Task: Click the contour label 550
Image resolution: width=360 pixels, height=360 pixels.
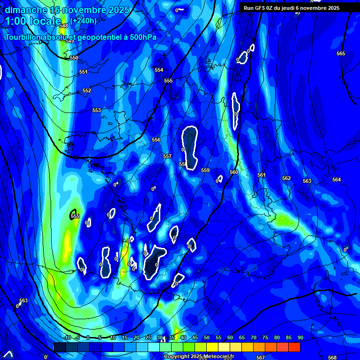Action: tap(74, 58)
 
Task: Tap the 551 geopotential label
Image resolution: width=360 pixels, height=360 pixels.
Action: tap(83, 72)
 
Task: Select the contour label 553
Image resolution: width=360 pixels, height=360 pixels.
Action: tap(97, 110)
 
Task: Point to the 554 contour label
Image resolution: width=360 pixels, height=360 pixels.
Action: tap(159, 70)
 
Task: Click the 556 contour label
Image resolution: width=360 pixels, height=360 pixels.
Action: tap(156, 140)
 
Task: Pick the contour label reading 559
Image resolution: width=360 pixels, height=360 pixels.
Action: tap(205, 170)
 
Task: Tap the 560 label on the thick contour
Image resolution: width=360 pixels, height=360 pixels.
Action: tap(234, 172)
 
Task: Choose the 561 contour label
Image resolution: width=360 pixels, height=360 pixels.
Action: tap(262, 175)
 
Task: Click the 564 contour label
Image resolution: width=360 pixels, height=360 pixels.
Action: tap(337, 180)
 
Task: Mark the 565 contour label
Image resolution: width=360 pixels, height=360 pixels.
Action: tap(341, 53)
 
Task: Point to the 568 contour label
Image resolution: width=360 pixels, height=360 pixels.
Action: tap(332, 358)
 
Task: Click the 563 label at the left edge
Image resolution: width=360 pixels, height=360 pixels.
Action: tap(23, 300)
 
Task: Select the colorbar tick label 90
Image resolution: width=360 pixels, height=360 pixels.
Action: tap(300, 337)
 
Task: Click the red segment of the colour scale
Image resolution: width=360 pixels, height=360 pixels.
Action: tap(294, 347)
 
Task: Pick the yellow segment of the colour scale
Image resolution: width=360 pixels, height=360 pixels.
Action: tap(212, 347)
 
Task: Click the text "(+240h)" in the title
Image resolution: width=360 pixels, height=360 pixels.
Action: tap(84, 21)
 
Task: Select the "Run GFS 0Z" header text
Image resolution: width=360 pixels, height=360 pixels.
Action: tap(261, 7)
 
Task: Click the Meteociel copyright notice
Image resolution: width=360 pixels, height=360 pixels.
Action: tap(199, 357)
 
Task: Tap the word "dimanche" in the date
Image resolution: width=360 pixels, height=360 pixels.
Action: tap(26, 10)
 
